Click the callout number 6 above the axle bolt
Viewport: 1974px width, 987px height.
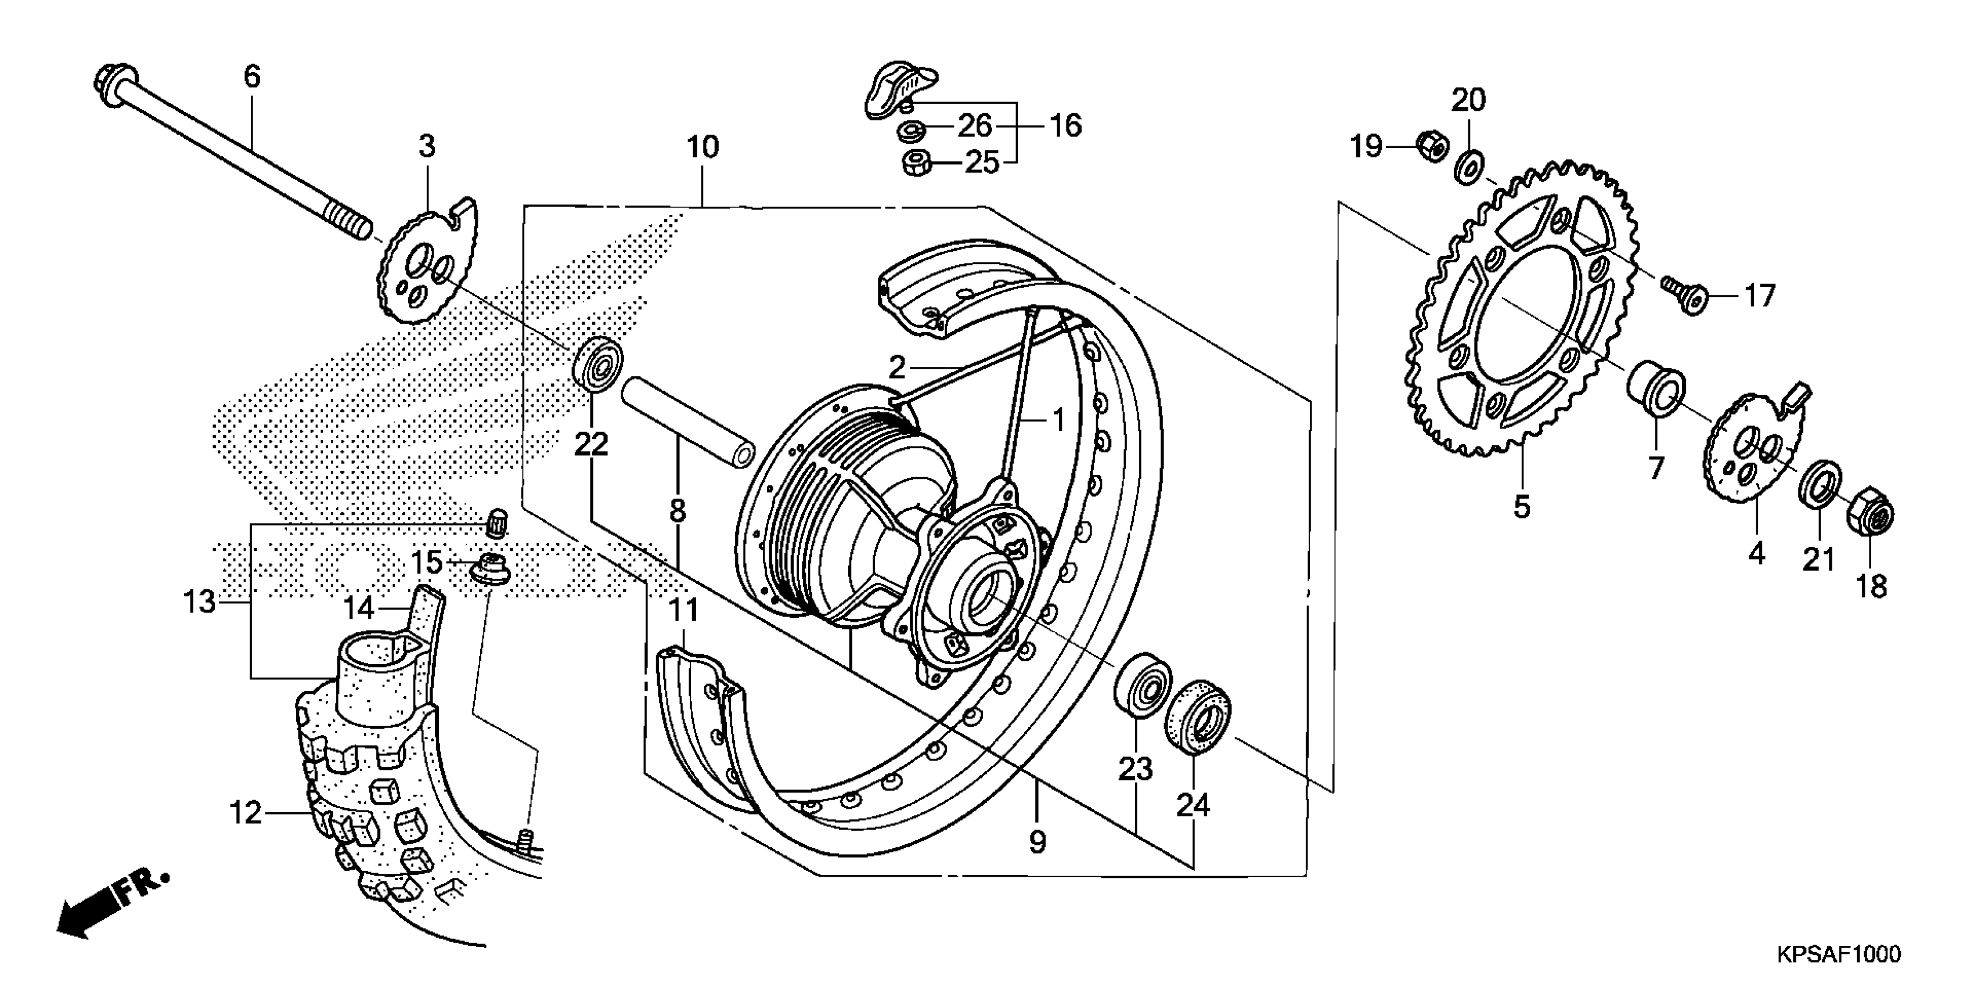pyautogui.click(x=252, y=77)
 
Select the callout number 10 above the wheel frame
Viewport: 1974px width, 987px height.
pyautogui.click(x=703, y=147)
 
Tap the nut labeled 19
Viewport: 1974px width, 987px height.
pyautogui.click(x=1430, y=146)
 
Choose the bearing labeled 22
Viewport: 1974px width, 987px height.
pyautogui.click(x=598, y=362)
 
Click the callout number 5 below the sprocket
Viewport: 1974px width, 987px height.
pyautogui.click(x=1522, y=506)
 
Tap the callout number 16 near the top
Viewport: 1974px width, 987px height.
pyautogui.click(x=1066, y=125)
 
